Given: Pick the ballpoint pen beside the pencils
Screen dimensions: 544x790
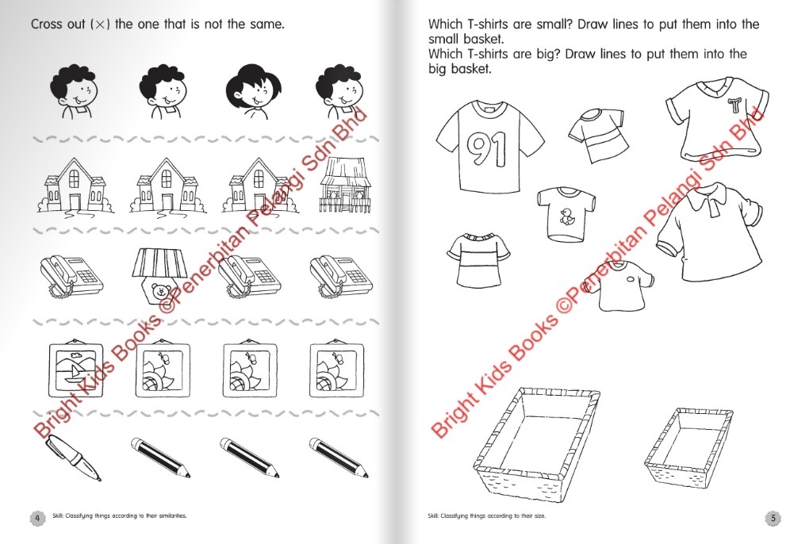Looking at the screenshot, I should click(x=73, y=458).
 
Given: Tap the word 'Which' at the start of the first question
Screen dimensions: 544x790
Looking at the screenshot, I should click(x=446, y=25).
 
